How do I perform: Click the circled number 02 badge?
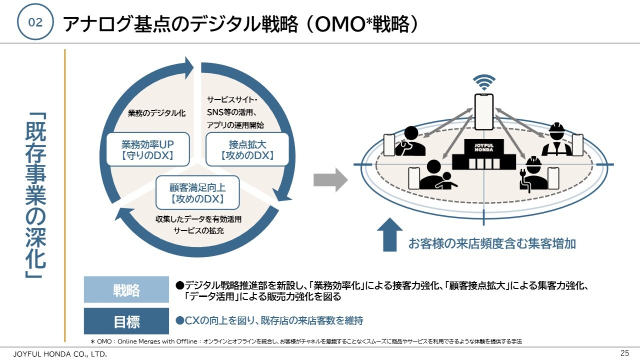click(35, 21)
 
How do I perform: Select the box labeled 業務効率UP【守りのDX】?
click(147, 149)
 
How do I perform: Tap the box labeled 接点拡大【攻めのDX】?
click(247, 149)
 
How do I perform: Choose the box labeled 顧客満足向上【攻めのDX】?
click(197, 192)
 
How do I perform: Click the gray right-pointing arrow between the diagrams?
click(330, 180)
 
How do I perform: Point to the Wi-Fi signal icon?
click(484, 82)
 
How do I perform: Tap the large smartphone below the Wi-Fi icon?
click(484, 111)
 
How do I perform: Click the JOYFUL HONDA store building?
click(483, 154)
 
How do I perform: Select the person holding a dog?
click(410, 141)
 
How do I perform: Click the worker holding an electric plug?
click(533, 174)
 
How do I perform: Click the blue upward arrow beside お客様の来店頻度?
click(389, 235)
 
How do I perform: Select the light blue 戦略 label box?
click(126, 289)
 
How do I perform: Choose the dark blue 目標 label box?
click(126, 321)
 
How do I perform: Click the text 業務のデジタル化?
click(156, 113)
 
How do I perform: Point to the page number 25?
click(625, 353)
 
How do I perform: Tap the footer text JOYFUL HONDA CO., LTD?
click(60, 354)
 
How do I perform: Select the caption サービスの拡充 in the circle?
click(198, 230)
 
